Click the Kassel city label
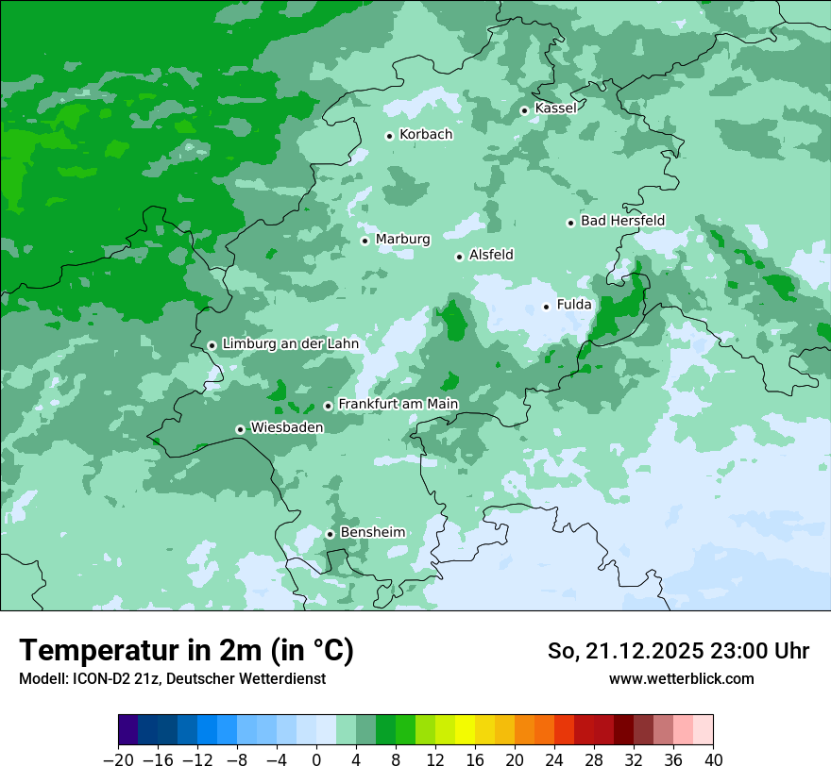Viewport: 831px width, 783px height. (x=555, y=108)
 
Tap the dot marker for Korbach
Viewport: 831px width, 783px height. (x=389, y=136)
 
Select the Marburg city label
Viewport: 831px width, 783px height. (x=402, y=240)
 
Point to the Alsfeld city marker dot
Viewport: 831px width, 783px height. (x=459, y=257)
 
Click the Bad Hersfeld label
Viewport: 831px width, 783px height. (x=622, y=221)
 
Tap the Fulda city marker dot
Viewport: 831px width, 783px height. (x=546, y=307)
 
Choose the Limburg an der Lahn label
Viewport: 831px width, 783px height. (x=290, y=344)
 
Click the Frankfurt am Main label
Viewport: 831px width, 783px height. (x=398, y=405)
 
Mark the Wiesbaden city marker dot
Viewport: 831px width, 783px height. (x=240, y=429)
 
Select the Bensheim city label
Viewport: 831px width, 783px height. (x=372, y=533)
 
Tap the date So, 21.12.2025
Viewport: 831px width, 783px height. (x=623, y=651)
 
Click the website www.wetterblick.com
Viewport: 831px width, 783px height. (x=681, y=679)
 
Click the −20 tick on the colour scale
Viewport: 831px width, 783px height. (x=118, y=760)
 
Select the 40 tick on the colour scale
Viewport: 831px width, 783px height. (x=713, y=760)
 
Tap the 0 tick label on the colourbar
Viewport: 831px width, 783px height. (x=316, y=760)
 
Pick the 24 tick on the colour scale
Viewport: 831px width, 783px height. (x=554, y=760)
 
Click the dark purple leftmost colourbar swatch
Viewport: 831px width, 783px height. (x=128, y=731)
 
